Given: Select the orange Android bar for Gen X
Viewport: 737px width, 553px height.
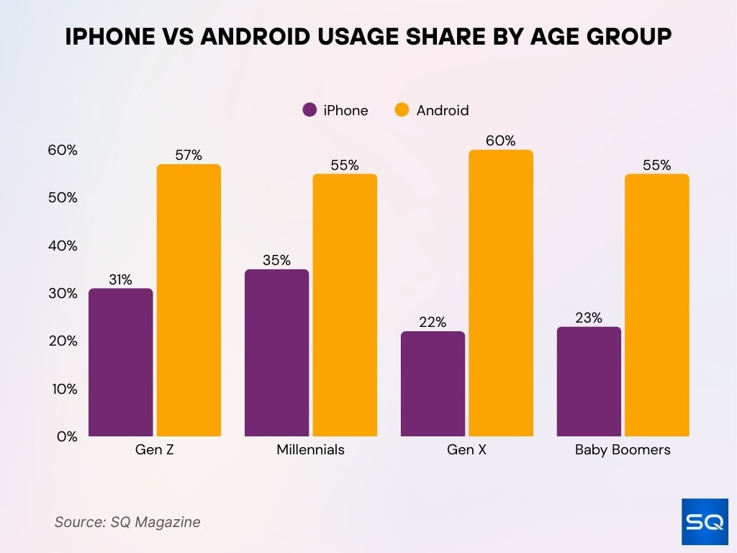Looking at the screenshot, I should (x=500, y=293).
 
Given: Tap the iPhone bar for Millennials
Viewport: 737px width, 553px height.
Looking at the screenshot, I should (x=276, y=353).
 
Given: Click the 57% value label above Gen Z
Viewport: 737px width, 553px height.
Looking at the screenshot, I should (x=189, y=155).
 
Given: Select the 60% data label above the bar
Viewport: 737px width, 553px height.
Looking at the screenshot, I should (x=500, y=140).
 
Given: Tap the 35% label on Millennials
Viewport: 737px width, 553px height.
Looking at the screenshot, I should (x=276, y=260).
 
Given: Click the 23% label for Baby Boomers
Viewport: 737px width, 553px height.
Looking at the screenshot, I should (x=589, y=318).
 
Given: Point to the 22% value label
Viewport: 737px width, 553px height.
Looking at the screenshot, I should (x=433, y=322).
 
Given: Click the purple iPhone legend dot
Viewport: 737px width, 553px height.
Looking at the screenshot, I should (x=310, y=110).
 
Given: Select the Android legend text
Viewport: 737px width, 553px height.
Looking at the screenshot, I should (x=442, y=110).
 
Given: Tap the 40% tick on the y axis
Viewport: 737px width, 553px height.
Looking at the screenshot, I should (x=63, y=246).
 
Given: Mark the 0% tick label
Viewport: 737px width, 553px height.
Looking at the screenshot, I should (x=67, y=436).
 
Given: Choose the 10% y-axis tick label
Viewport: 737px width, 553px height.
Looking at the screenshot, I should (x=63, y=388).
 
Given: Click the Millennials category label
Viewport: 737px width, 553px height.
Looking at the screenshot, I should (x=310, y=450).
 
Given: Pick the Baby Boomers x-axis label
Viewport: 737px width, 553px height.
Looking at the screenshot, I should (x=623, y=450).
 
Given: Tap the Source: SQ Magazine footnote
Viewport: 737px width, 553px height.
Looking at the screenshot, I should (x=127, y=522).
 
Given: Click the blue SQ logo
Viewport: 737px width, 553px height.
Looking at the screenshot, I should (x=704, y=522).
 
